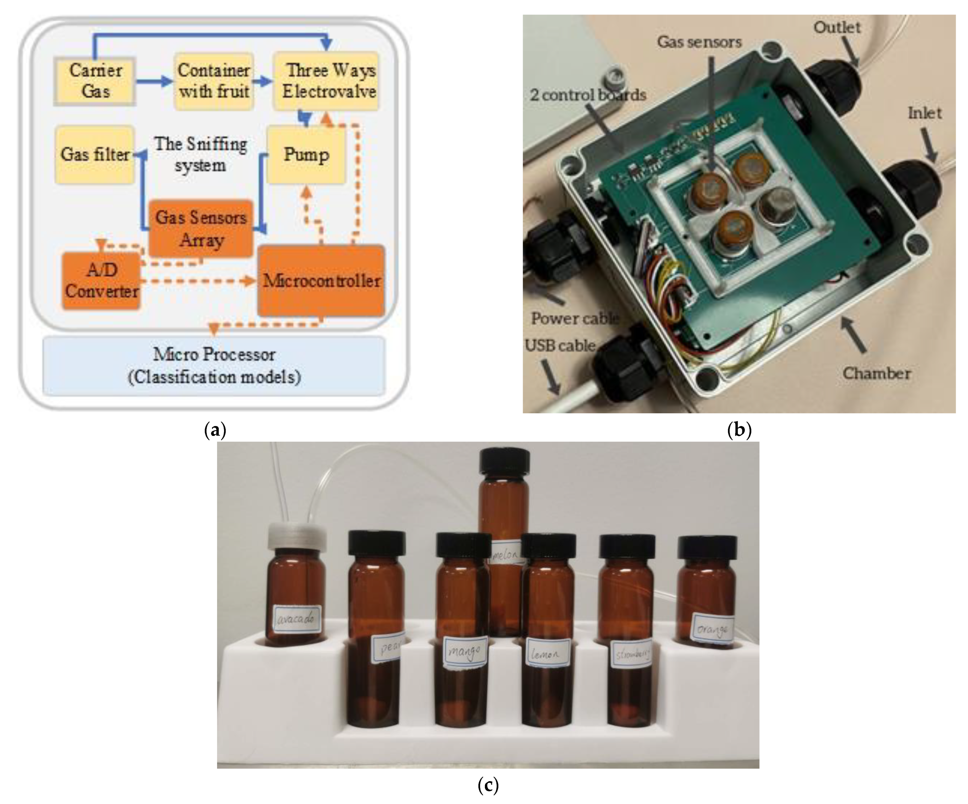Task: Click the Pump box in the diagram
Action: [306, 155]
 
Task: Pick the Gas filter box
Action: [94, 155]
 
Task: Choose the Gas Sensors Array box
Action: [201, 229]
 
